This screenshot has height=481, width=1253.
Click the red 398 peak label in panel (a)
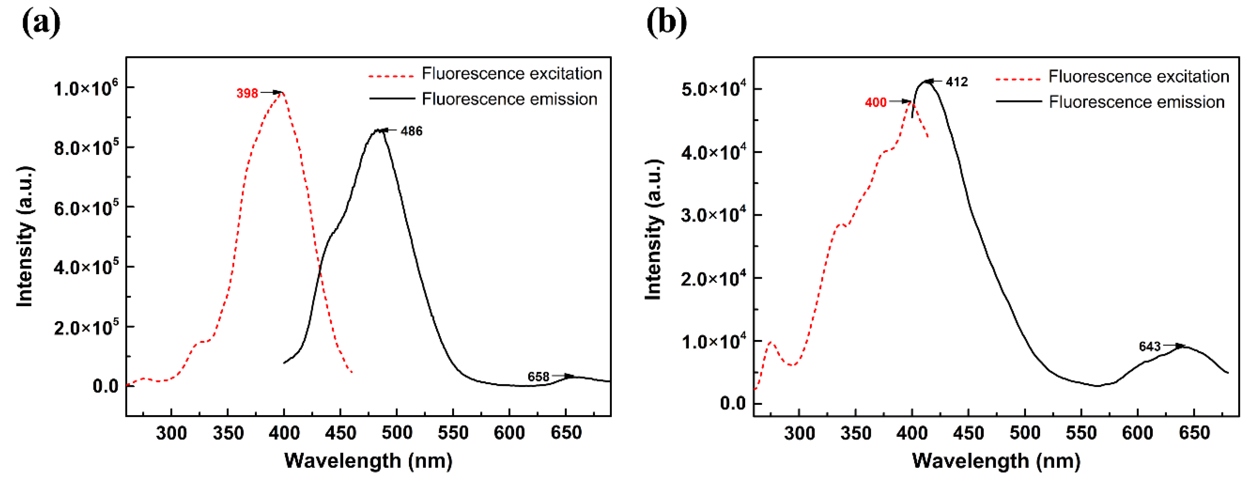click(247, 93)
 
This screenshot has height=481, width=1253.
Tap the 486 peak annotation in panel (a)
click(411, 131)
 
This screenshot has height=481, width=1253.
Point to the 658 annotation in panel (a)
click(538, 376)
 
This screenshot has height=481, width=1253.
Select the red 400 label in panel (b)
click(875, 102)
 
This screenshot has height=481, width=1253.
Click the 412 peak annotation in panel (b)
click(957, 82)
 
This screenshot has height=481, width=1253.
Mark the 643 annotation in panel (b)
click(1149, 346)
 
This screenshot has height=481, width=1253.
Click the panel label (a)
click(41, 22)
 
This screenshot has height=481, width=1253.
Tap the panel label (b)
click(666, 22)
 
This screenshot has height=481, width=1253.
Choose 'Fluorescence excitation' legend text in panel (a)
click(512, 73)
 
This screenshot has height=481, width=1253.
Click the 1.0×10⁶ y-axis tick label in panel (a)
click(85, 89)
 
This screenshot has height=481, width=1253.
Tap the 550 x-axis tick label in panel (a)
click(453, 432)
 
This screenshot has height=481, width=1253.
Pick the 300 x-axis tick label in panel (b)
click(799, 432)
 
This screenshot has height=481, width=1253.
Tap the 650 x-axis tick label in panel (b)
click(1194, 432)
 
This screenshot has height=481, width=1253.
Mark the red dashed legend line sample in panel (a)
click(391, 76)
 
